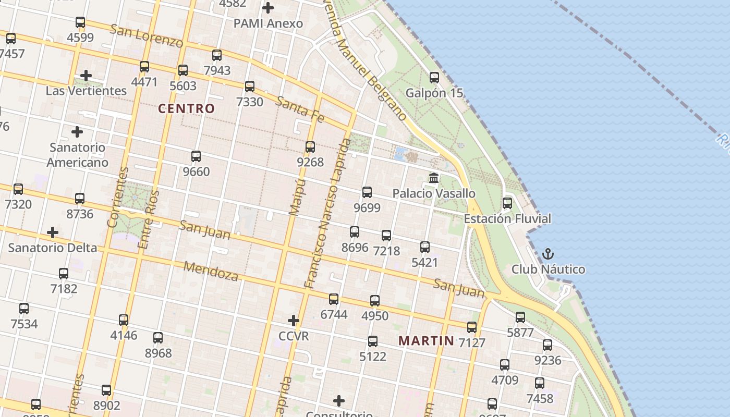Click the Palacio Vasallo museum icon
tap(433, 179)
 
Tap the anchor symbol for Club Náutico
tap(548, 254)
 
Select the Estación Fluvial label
tap(507, 218)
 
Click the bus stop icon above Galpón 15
tap(434, 78)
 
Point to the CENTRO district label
tap(186, 108)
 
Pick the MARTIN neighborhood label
tap(426, 341)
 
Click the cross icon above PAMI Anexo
tap(268, 8)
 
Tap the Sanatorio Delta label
tap(52, 248)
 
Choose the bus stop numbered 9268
tap(310, 147)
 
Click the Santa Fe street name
tap(300, 109)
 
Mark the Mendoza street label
tap(211, 271)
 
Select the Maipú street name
tap(296, 197)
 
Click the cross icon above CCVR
tap(294, 320)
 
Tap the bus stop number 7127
tap(472, 342)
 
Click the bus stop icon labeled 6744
tap(334, 299)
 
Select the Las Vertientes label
tap(86, 91)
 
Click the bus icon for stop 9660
tap(196, 156)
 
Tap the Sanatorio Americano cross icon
tap(77, 132)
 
